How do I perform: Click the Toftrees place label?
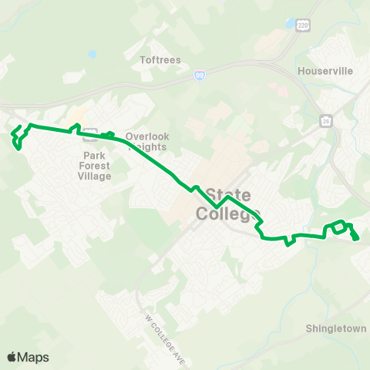coord(160,59)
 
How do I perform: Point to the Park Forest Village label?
coord(96,165)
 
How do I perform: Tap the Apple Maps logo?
coord(28,357)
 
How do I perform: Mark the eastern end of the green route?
coord(356,238)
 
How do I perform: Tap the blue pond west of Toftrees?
coord(92,55)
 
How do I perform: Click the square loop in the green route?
coord(337,228)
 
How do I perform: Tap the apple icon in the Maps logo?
coord(12,357)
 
